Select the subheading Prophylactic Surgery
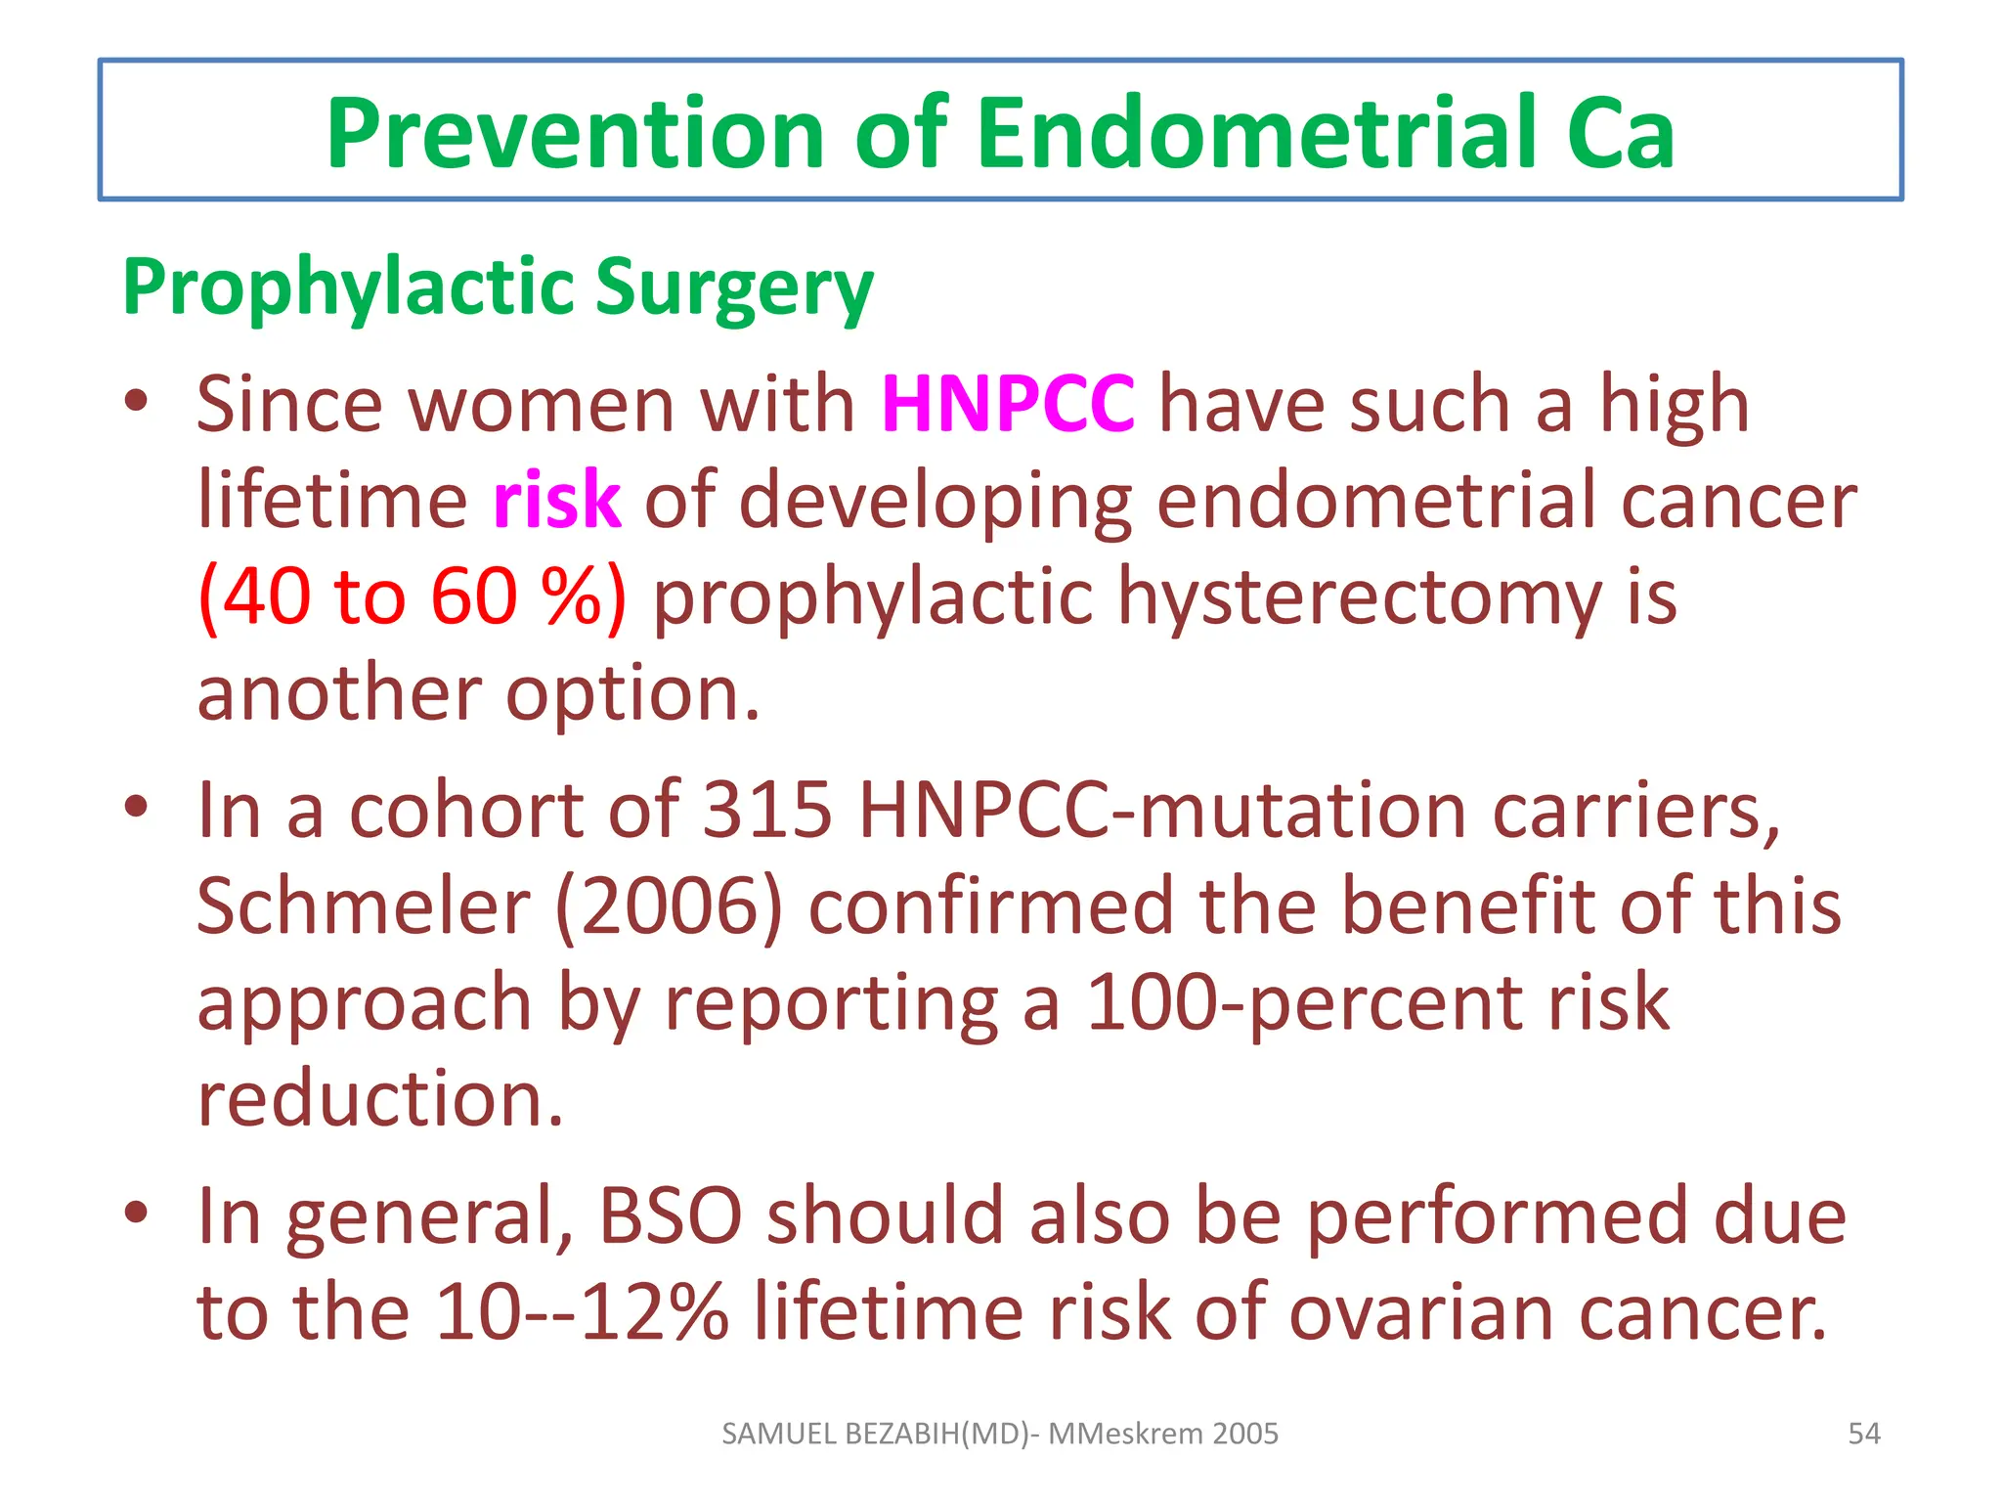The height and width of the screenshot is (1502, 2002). click(x=498, y=287)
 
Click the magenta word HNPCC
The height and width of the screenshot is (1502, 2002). click(x=1008, y=403)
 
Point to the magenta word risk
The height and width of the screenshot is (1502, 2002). click(x=556, y=500)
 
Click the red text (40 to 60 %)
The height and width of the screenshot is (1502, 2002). click(x=412, y=596)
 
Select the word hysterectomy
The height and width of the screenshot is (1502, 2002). click(x=1359, y=596)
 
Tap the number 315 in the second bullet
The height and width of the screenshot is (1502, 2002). click(x=767, y=810)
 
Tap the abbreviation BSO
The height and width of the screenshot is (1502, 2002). click(x=670, y=1215)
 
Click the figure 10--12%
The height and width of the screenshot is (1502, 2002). click(x=582, y=1310)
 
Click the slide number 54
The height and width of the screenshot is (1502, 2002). click(x=1863, y=1434)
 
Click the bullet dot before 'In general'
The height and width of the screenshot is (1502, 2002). click(x=137, y=1213)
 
